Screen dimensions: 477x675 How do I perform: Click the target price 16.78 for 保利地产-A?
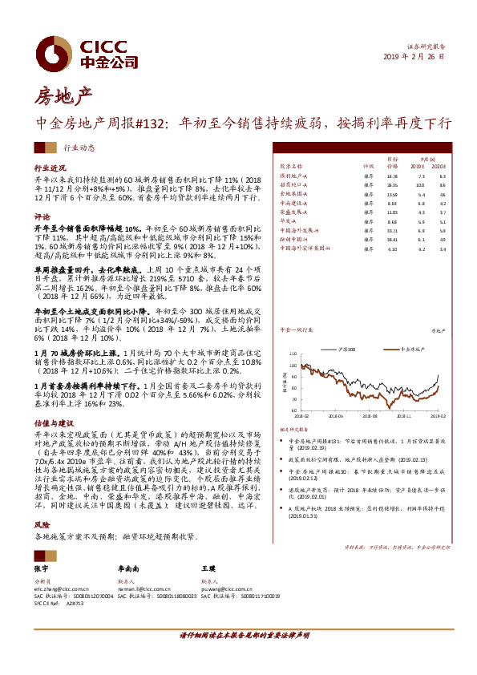point(392,175)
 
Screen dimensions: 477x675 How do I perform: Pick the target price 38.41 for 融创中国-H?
point(392,239)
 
